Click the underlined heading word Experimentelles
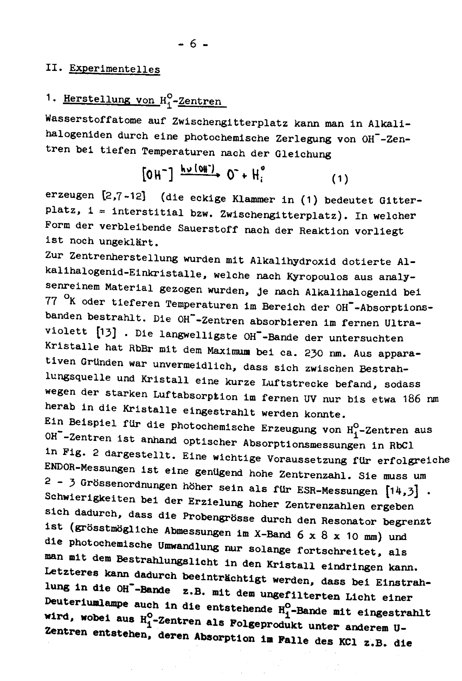point(114,69)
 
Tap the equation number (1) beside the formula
point(340,179)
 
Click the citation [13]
point(106,333)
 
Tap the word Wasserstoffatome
point(93,120)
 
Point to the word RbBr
point(141,348)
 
